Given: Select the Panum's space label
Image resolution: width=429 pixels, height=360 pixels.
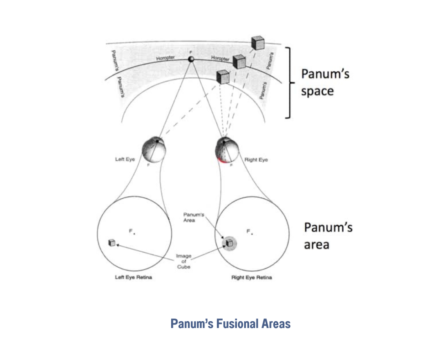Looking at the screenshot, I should coord(324,82).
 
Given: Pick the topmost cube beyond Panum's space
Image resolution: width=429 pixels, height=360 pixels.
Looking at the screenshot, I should coord(258,42).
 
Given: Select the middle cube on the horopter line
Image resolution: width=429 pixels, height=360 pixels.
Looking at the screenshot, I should coord(239,62).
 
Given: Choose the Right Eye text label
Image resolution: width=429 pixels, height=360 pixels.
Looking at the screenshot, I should coord(256,160).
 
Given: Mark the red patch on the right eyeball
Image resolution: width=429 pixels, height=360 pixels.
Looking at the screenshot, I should coord(221,159).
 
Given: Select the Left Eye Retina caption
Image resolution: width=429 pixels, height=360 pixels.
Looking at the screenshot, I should coord(133,278).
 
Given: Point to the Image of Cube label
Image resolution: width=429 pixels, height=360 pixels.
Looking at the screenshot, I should coord(184,261).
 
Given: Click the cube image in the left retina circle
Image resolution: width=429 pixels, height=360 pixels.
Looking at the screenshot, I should coord(112,243).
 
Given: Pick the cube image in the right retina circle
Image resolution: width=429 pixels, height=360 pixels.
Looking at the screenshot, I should coord(229,244).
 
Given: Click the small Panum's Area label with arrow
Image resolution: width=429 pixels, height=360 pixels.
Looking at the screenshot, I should coord(189,217).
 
